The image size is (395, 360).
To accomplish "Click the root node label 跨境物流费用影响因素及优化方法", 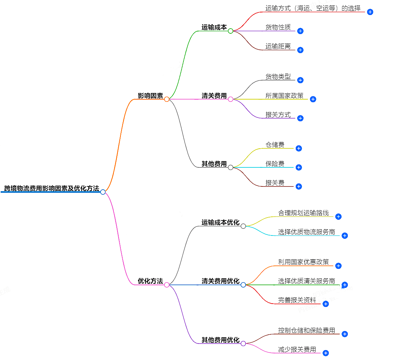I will [x=52, y=189].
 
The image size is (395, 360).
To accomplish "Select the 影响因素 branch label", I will [x=150, y=96].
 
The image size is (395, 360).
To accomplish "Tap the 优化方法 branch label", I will [x=150, y=281].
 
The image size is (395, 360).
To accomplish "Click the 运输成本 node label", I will [x=214, y=27].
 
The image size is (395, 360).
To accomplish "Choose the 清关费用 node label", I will [x=214, y=96].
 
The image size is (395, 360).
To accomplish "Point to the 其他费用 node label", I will [x=214, y=164].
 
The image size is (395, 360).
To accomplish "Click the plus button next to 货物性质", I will [x=300, y=31].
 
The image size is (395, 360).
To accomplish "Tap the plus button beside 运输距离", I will [x=300, y=50].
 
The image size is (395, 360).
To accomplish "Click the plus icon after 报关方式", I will [x=300, y=118].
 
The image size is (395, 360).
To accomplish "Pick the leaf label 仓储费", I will [x=275, y=145].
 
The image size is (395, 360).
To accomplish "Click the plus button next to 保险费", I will [x=299, y=167].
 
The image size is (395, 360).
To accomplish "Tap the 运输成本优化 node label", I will [x=220, y=223].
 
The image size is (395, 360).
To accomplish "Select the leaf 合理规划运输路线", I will [x=303, y=213].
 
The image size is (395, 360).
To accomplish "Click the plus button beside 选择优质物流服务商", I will [x=344, y=235].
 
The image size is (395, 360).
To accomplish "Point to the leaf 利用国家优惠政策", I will [x=303, y=262].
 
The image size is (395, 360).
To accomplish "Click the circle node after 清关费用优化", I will [x=243, y=285].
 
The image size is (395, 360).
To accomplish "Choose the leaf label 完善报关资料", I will [x=297, y=300].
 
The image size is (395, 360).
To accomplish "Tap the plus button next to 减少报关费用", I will [x=325, y=353].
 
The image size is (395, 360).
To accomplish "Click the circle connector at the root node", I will [x=103, y=192].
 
